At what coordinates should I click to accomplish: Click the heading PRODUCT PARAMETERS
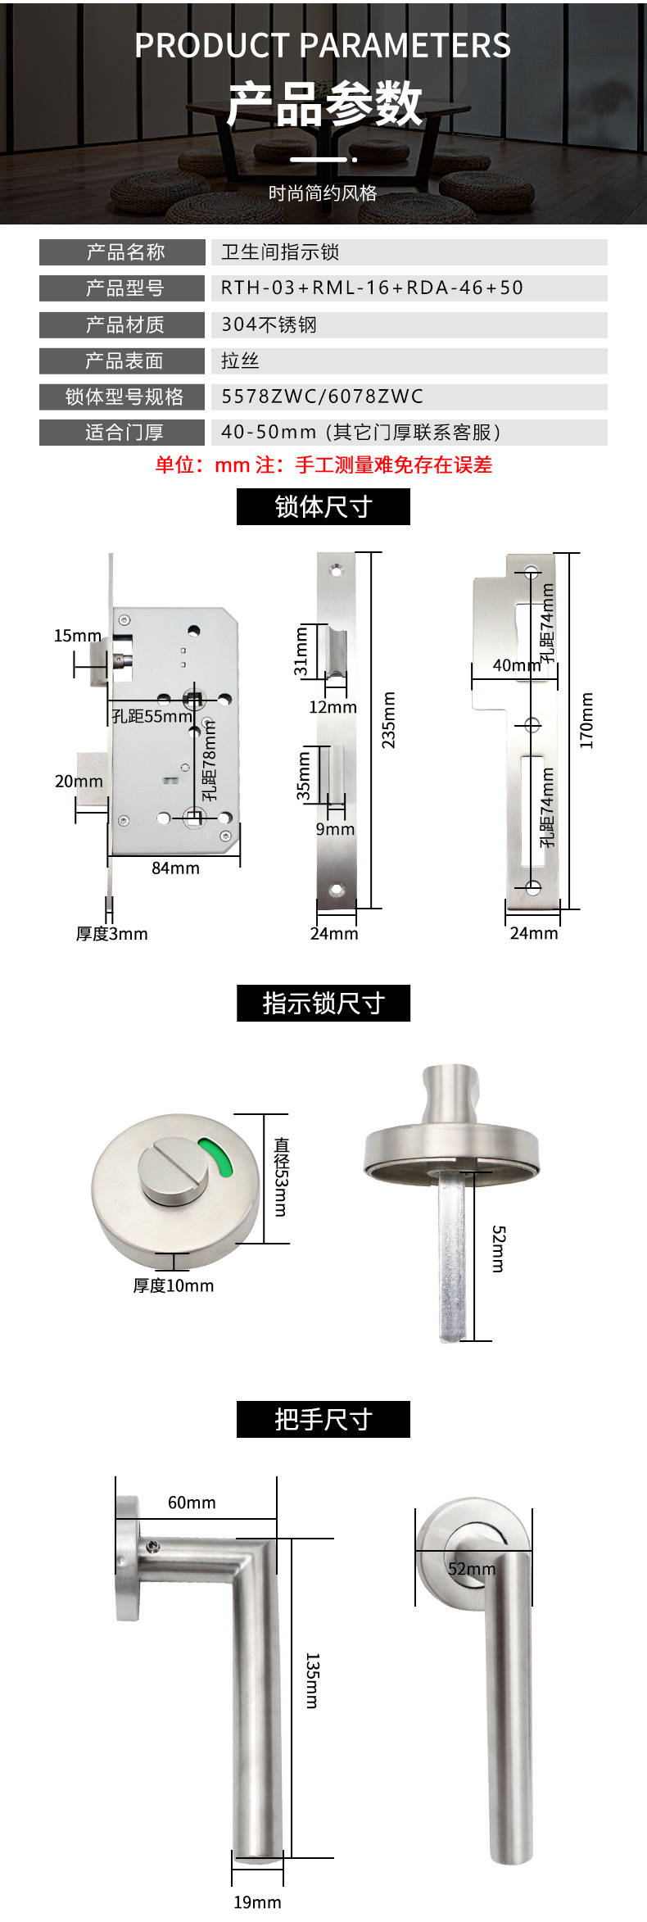[x=323, y=46]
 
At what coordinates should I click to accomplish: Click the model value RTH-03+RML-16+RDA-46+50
[x=372, y=288]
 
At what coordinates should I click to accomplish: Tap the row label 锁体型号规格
[x=123, y=397]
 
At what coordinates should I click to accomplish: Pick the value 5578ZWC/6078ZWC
[x=322, y=397]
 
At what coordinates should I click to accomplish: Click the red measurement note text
[x=323, y=465]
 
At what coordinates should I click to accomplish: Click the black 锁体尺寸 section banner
[x=323, y=507]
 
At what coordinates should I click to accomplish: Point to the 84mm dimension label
[x=175, y=868]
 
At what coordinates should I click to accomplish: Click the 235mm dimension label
[x=389, y=720]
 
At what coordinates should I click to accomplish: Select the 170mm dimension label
[x=586, y=720]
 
